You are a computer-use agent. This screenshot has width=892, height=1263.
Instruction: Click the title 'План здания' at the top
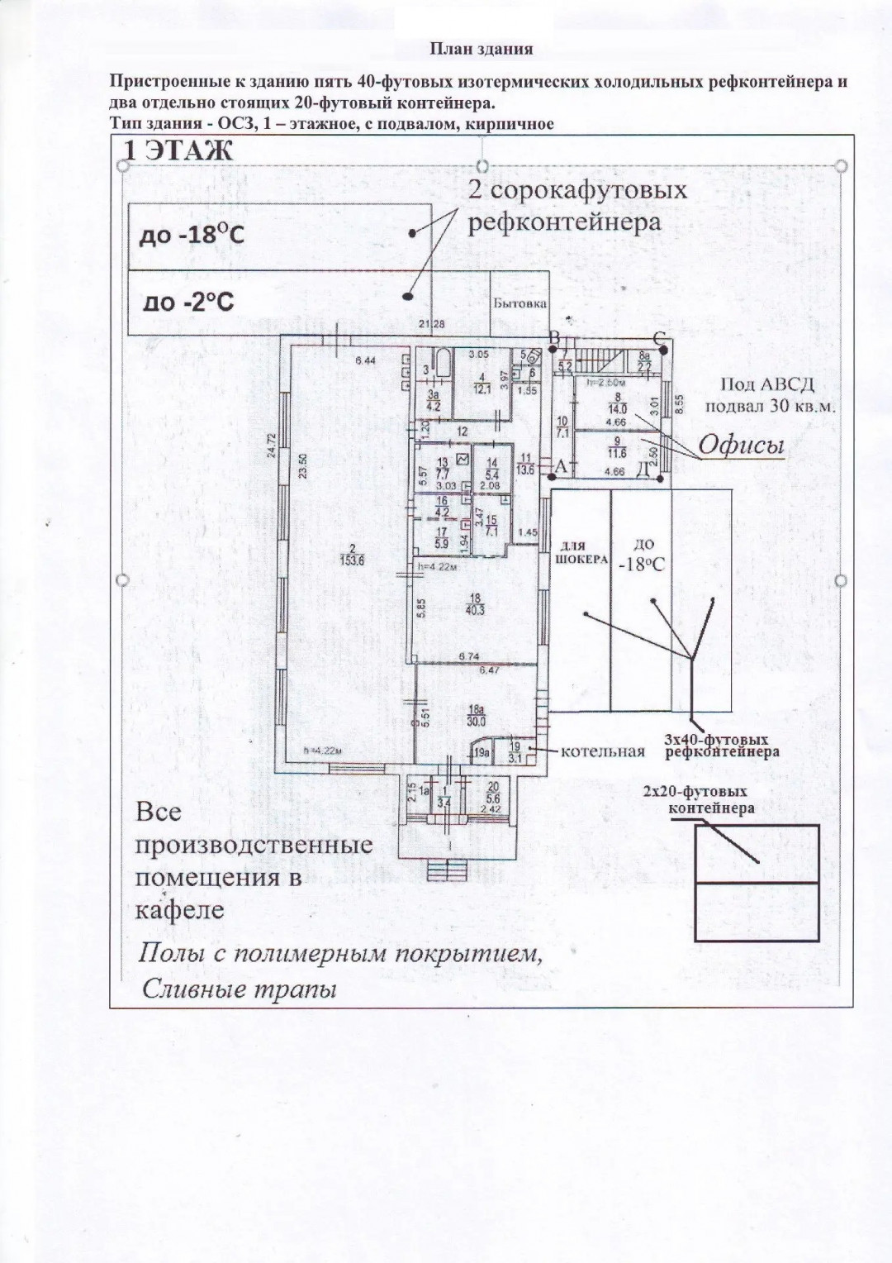481,49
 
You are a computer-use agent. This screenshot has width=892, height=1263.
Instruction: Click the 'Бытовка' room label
520,303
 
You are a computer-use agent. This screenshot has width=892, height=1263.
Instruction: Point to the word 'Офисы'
741,447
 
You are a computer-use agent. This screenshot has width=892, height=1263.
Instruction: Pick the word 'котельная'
603,751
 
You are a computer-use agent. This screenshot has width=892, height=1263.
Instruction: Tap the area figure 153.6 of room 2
356,560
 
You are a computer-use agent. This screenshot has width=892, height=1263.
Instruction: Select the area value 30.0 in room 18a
477,719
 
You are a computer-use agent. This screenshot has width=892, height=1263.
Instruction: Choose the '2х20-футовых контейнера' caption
710,799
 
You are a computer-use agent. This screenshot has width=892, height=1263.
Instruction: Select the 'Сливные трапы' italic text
240,989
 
